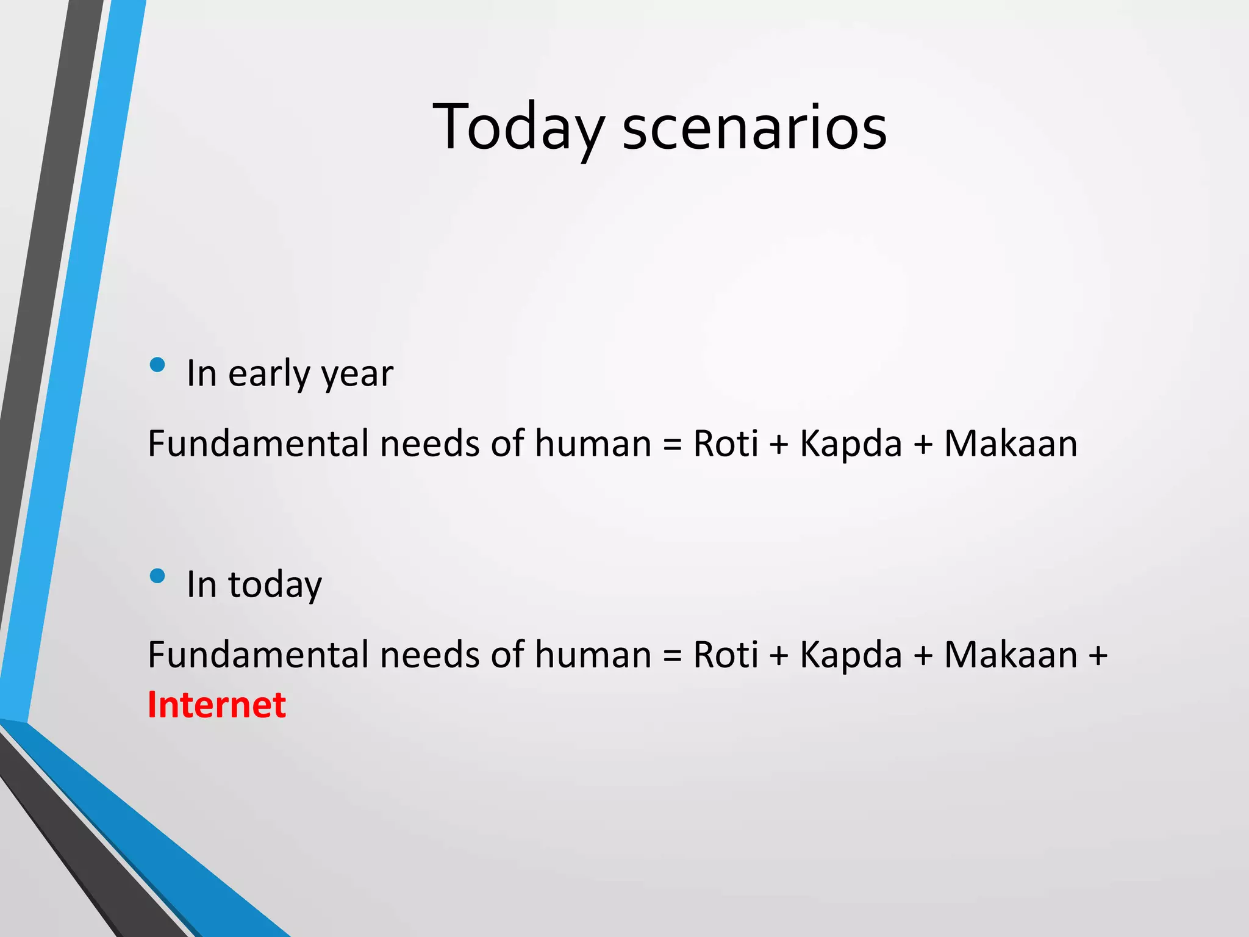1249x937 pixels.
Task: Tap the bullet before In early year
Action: click(157, 365)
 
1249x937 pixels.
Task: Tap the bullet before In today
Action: click(157, 576)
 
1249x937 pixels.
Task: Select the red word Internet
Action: click(217, 705)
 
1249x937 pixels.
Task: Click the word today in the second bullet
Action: click(275, 584)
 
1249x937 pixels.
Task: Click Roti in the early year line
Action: click(726, 443)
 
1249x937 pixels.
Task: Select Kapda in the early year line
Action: click(851, 443)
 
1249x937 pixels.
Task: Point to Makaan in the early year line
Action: click(1011, 443)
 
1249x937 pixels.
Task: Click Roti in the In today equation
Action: click(726, 655)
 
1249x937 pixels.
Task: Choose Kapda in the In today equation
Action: click(851, 655)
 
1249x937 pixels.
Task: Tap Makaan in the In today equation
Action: click(1011, 655)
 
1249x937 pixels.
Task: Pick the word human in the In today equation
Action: click(593, 655)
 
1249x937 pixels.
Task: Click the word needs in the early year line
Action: click(430, 443)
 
